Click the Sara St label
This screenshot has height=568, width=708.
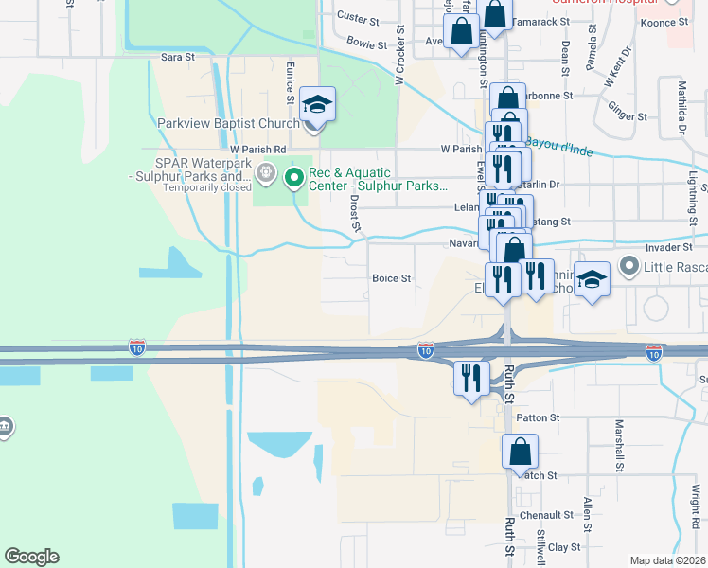(177, 57)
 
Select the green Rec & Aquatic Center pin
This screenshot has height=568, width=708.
(294, 177)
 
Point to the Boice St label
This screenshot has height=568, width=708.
(391, 278)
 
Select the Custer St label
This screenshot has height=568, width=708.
(358, 18)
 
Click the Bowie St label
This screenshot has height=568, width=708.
(367, 44)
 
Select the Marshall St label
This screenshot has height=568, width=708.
(619, 447)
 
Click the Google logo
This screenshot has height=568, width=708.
(31, 557)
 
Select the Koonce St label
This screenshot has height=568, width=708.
(663, 22)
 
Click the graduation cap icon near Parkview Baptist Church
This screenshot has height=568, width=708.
(318, 102)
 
